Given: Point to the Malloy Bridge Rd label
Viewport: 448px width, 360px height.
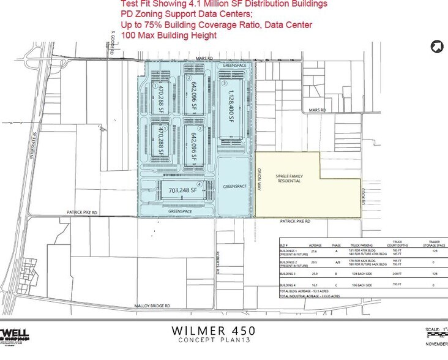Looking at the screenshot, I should (x=153, y=306).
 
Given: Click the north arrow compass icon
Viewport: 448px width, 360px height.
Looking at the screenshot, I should (x=437, y=46).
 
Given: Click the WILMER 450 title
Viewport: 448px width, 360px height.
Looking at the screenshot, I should (x=213, y=331).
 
